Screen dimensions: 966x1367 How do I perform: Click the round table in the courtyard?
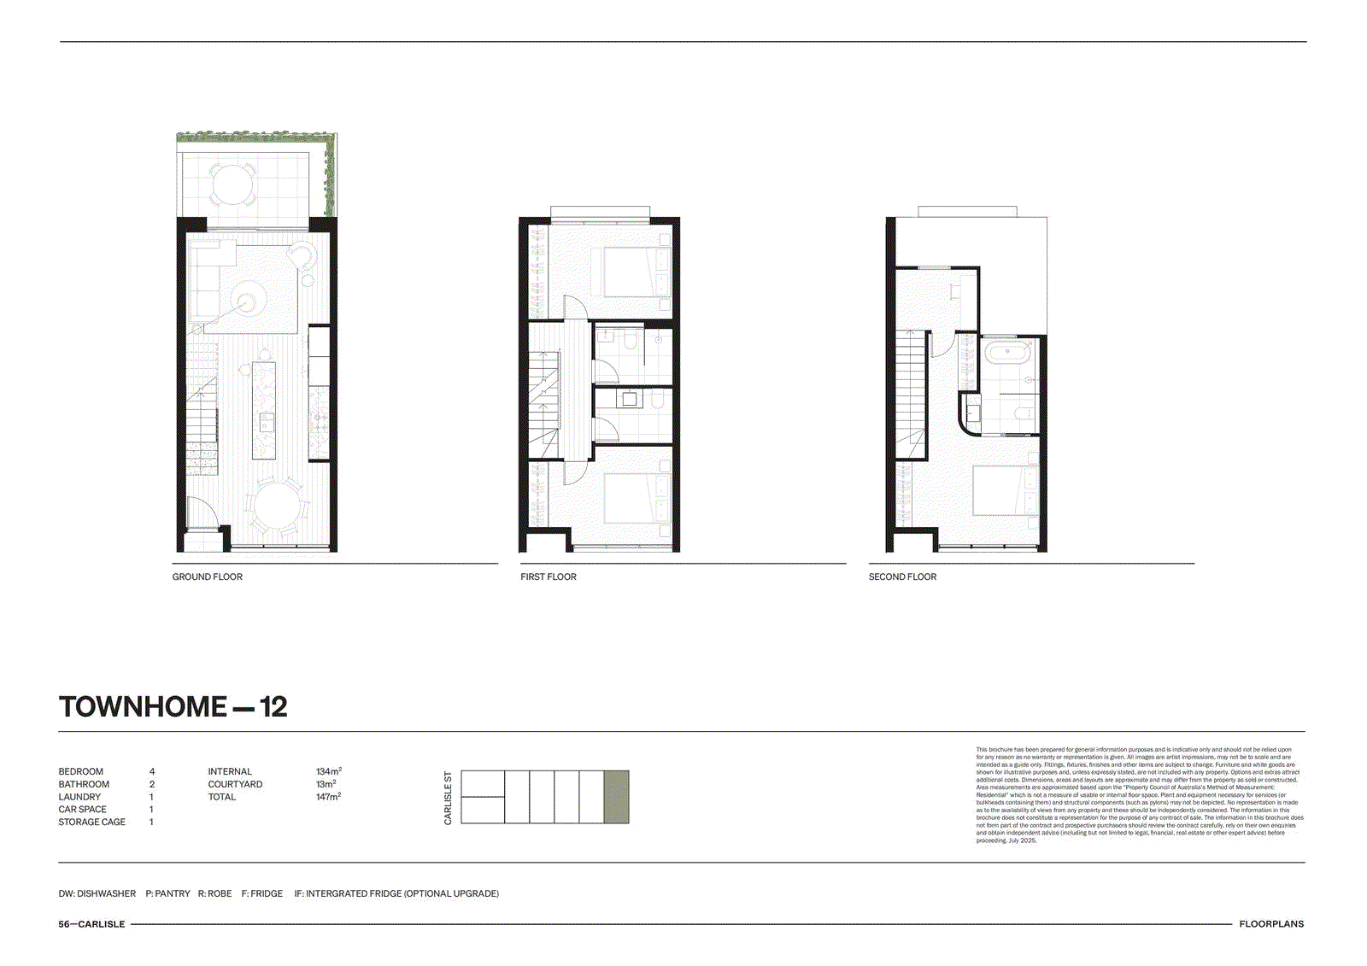coord(232,183)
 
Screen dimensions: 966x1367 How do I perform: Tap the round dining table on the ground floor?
coord(276,505)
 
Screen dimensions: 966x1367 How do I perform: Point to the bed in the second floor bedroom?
coord(1006,490)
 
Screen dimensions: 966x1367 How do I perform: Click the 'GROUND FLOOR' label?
coord(208,577)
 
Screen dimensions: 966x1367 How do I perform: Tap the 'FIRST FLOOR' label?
coord(549,577)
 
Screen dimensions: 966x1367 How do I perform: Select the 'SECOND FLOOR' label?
coord(902,577)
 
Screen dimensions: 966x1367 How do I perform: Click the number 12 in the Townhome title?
coord(273,707)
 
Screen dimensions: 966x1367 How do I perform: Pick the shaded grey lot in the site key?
coord(616,797)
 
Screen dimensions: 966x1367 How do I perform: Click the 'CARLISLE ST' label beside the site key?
coord(448,798)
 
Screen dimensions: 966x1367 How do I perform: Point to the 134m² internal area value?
coord(328,771)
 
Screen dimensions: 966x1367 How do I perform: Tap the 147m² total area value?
coord(328,797)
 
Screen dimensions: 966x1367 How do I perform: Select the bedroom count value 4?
coord(152,771)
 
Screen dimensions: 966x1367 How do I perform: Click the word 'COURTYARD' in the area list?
coord(235,784)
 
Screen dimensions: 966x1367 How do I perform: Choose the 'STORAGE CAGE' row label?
coord(91,822)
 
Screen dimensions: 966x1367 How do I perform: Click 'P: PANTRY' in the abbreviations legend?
coord(167,893)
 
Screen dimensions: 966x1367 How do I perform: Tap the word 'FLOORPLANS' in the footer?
coord(1271,924)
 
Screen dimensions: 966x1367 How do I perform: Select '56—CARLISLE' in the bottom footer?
coord(91,924)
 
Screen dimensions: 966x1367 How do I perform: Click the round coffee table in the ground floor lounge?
coord(248,301)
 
